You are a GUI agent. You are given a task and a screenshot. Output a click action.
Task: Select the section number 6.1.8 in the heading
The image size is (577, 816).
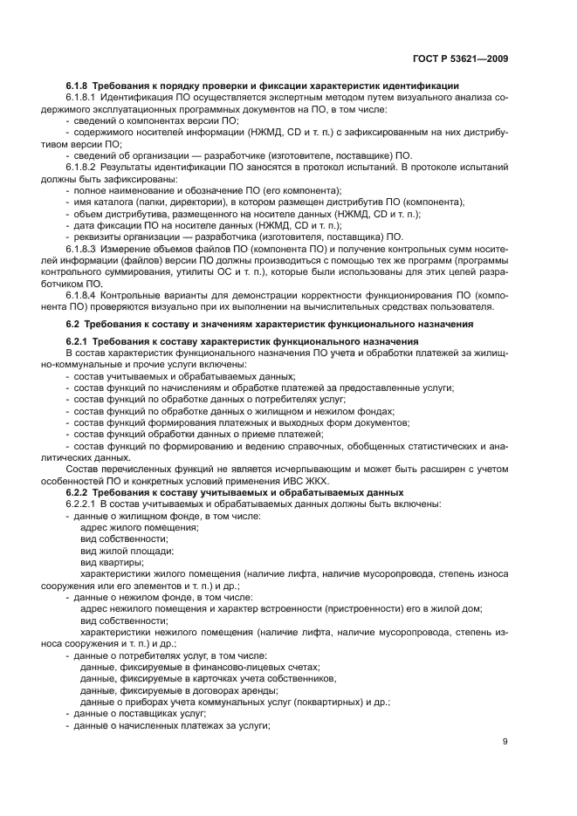(x=79, y=86)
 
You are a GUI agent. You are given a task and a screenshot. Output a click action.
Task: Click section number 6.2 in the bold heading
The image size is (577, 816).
(x=73, y=325)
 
